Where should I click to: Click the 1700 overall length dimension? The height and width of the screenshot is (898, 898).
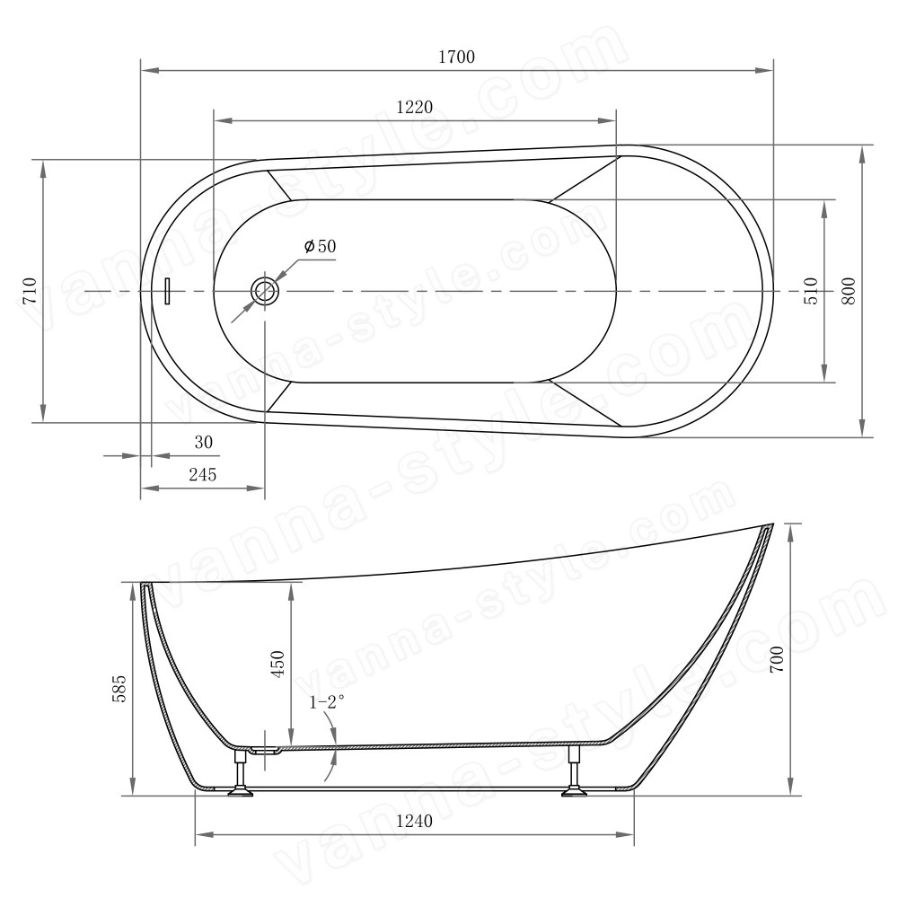tap(456, 57)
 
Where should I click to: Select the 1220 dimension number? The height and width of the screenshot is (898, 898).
tap(414, 107)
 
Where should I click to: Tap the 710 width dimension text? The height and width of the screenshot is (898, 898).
tap(30, 290)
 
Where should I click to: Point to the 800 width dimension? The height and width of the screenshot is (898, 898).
tap(849, 290)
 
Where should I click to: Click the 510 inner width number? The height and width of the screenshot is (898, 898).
tap(812, 290)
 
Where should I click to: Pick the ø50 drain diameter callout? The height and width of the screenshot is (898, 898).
tap(321, 246)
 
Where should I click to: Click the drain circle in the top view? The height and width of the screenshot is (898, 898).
tap(265, 291)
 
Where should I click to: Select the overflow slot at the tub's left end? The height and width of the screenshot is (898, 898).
tap(168, 291)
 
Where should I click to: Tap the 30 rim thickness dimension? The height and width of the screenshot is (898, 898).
tap(203, 442)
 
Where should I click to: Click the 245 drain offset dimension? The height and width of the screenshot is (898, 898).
tap(203, 474)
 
